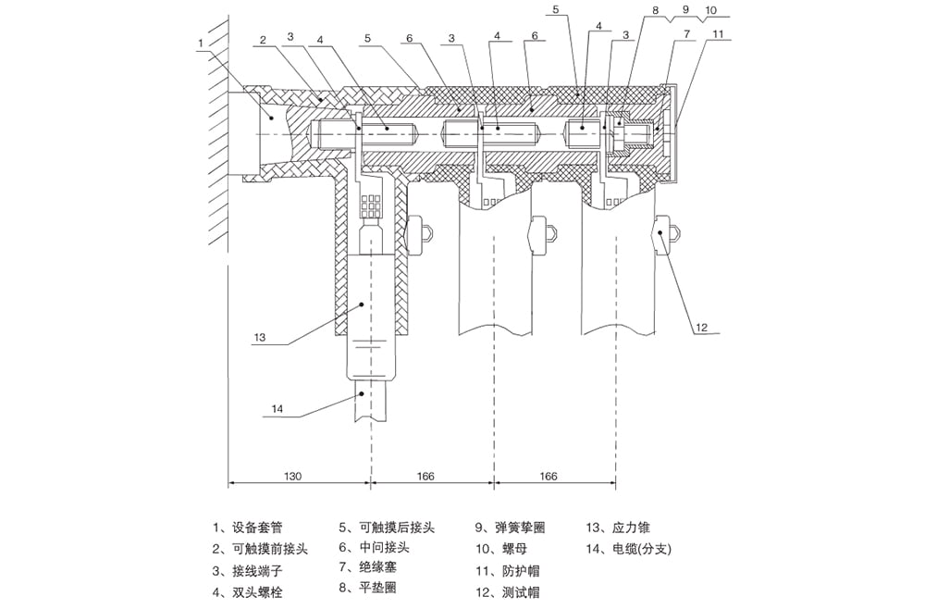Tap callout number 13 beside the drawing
coord(260,338)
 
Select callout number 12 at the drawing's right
coord(701,326)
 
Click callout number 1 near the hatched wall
coord(202,42)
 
